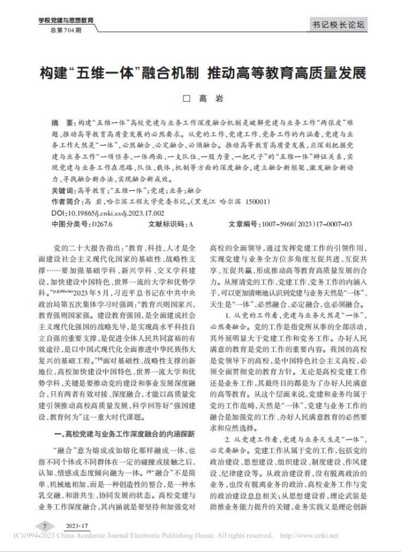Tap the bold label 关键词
pos(65,191)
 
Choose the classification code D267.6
pos(102,224)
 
